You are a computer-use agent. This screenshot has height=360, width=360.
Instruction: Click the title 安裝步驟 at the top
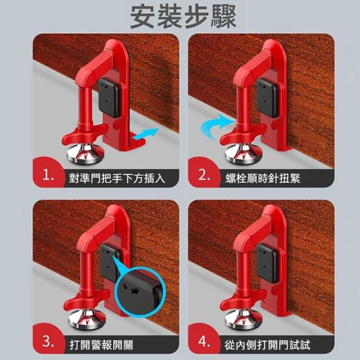(183, 17)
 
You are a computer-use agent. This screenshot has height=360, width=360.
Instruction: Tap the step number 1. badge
(48, 176)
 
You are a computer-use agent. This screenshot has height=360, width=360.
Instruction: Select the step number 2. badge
(204, 175)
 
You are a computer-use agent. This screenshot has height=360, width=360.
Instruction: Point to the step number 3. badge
(48, 341)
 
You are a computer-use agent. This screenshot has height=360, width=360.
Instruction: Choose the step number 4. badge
(204, 341)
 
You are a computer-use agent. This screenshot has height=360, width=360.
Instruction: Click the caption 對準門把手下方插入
(117, 178)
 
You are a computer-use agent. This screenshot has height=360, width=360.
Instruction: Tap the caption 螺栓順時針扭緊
(263, 178)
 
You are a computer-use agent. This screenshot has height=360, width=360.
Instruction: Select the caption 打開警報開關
(101, 345)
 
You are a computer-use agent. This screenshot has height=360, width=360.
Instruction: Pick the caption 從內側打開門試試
(267, 345)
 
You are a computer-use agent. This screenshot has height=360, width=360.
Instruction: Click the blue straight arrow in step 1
(146, 134)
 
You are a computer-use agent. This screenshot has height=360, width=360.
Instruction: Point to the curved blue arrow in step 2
(216, 126)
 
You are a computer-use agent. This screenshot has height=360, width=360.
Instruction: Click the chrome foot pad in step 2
(244, 153)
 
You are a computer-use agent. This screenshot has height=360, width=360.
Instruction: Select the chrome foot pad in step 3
(87, 319)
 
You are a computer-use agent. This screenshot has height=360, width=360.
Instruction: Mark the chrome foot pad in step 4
(244, 319)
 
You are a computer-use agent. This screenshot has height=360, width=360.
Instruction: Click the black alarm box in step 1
(109, 97)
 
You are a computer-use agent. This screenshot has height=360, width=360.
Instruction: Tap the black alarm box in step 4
(268, 263)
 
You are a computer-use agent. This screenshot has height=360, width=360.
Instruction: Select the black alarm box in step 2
(268, 97)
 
